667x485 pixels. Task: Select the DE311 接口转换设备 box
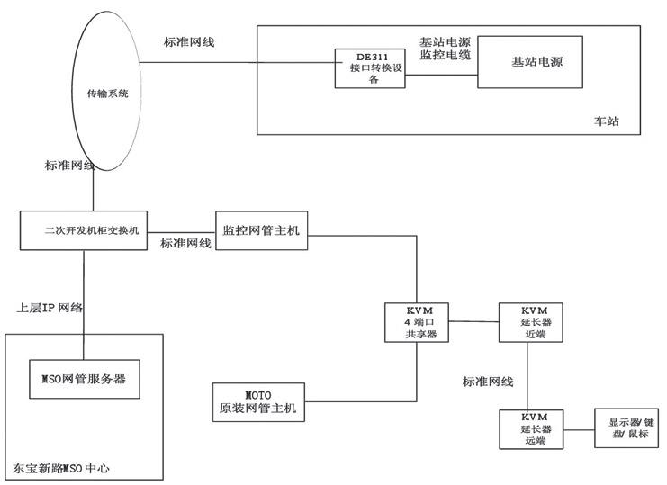tap(371, 67)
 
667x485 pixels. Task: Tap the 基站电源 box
tap(529, 62)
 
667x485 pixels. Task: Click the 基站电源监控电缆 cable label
tap(446, 49)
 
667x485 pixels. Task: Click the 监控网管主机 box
tap(261, 230)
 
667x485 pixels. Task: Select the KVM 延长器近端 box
tap(527, 321)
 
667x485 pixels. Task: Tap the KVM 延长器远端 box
tap(527, 429)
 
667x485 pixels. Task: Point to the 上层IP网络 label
tap(50, 308)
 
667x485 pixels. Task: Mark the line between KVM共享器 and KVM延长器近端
tap(474, 321)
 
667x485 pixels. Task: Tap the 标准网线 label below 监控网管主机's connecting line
tap(186, 244)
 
